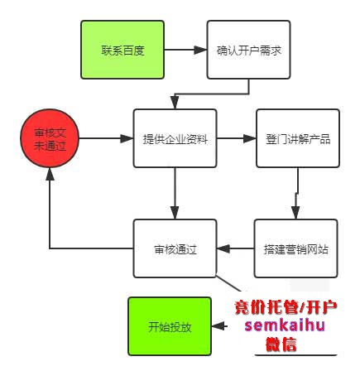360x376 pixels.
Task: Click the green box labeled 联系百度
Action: tap(122, 50)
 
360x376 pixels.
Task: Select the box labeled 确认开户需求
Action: tap(248, 50)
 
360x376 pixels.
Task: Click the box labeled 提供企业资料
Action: tap(175, 138)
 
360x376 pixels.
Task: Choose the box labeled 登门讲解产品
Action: tap(297, 138)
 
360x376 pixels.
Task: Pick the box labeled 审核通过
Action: tap(175, 248)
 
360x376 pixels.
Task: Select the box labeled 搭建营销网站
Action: tap(296, 248)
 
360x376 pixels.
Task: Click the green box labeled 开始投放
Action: tap(170, 326)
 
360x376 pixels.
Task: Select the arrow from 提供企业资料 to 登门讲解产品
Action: tap(236, 138)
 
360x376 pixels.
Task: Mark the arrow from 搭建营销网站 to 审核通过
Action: tap(236, 248)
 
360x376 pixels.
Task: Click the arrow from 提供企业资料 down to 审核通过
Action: tap(175, 194)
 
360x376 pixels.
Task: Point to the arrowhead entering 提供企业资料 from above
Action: tap(175, 104)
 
